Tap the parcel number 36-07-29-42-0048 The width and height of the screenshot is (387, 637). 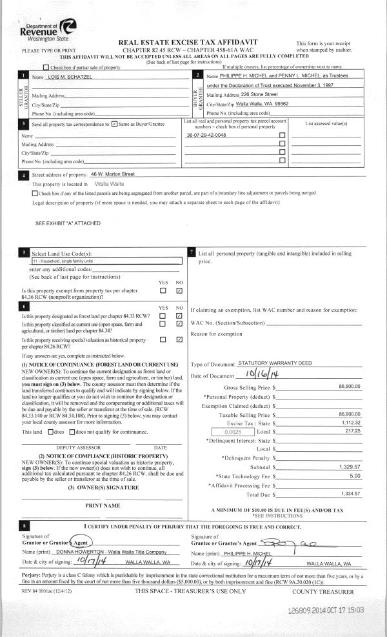[x=206, y=136]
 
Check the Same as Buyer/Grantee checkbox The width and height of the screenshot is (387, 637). [x=114, y=123]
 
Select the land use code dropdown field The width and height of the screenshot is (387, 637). [x=106, y=261]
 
